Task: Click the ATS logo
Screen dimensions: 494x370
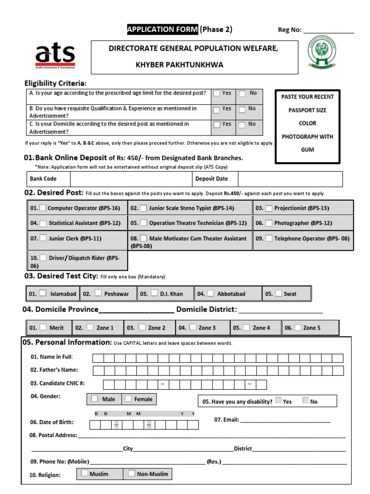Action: coord(55,55)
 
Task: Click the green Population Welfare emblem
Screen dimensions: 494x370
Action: coord(323,55)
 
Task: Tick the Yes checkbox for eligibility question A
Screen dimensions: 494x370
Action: coord(217,93)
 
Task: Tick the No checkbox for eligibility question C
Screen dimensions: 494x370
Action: coord(242,124)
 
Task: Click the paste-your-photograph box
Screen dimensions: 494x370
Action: coord(307,126)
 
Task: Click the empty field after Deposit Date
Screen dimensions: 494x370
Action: coord(290,179)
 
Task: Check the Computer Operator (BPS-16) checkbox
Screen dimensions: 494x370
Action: coord(43,208)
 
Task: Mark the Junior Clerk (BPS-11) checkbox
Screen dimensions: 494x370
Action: coord(43,238)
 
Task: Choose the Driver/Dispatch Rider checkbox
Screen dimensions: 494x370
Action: coord(43,258)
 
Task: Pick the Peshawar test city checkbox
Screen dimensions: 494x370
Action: coord(98,293)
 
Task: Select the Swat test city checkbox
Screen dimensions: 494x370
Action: coord(278,293)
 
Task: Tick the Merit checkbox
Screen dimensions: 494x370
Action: coord(43,327)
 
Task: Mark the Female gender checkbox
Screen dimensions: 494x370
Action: coord(128,398)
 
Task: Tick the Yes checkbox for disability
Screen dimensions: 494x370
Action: coord(278,400)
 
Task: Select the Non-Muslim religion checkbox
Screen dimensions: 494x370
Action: coord(131,473)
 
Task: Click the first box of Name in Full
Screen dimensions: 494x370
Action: coord(97,358)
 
